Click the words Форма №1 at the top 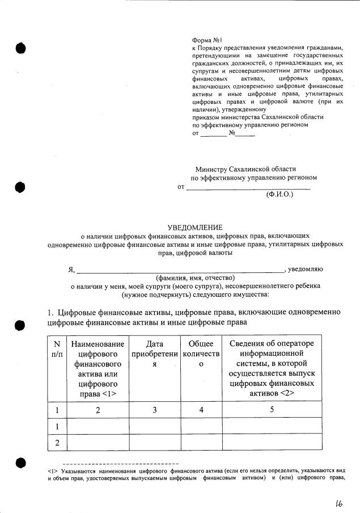pyautogui.click(x=207, y=41)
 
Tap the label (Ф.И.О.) pyautogui.click(x=280, y=194)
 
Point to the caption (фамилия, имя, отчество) pyautogui.click(x=195, y=277)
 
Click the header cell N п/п pyautogui.click(x=56, y=349)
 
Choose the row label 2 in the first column pyautogui.click(x=56, y=442)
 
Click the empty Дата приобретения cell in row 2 pyautogui.click(x=155, y=442)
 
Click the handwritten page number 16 pyautogui.click(x=338, y=500)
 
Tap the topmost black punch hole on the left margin pyautogui.click(x=21, y=48)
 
